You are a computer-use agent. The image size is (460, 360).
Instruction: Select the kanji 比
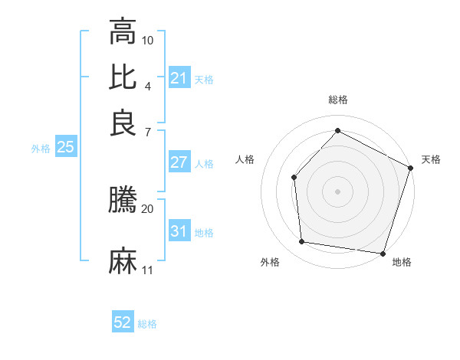(x=123, y=77)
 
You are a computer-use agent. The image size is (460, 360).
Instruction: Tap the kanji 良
(x=123, y=123)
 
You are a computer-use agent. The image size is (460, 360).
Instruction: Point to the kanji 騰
(x=123, y=201)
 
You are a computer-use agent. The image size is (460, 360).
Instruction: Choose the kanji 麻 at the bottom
(x=123, y=260)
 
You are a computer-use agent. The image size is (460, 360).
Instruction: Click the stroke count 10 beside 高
(x=148, y=39)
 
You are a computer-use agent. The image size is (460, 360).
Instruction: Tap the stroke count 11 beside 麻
(x=148, y=270)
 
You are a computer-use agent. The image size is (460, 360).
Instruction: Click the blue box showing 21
(x=179, y=78)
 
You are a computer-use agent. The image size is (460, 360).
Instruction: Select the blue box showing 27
(x=179, y=162)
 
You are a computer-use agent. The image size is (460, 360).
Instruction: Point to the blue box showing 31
(x=179, y=231)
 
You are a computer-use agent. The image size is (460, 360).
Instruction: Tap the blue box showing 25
(x=65, y=147)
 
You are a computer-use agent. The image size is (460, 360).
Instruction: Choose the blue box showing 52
(x=123, y=322)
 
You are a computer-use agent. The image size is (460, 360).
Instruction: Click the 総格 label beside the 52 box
(x=147, y=324)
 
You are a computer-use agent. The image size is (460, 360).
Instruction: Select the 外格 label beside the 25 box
(x=41, y=149)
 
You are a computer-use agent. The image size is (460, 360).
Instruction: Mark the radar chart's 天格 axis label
(x=431, y=159)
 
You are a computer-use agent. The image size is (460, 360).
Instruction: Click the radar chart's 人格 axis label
(x=245, y=159)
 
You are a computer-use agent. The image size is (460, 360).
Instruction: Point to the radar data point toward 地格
(x=383, y=253)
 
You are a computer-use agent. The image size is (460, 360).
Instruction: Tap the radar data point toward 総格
(x=337, y=131)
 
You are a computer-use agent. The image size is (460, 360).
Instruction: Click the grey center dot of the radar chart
(x=337, y=191)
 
